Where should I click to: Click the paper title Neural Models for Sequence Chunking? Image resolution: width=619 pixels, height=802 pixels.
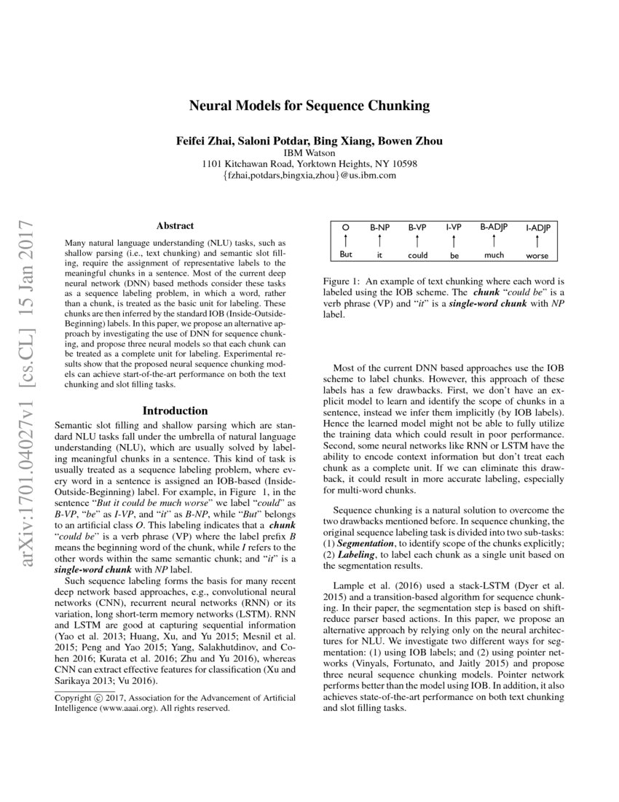pos(309,106)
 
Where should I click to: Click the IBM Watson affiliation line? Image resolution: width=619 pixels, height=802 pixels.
pos(309,153)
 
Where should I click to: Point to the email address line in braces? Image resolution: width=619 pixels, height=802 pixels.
pos(309,176)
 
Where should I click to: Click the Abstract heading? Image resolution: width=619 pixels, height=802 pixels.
pos(175,227)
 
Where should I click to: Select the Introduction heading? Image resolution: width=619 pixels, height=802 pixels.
pos(175,410)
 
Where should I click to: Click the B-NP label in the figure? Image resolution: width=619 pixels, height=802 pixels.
pos(380,227)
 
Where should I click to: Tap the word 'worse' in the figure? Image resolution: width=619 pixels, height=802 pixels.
pos(537,256)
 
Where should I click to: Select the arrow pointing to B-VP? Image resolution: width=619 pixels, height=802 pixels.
pos(417,241)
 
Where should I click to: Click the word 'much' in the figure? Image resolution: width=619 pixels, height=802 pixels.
pos(494,255)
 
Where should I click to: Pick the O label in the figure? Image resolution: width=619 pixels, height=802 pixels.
pos(345,227)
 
